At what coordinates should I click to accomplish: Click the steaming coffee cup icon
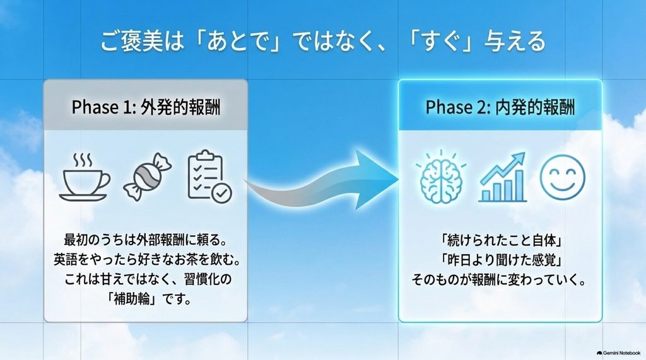[x=85, y=177]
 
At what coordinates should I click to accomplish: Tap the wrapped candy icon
[x=147, y=177]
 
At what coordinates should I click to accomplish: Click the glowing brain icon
[x=441, y=177]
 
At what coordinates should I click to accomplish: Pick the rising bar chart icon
[x=502, y=177]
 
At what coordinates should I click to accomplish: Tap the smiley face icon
[x=562, y=177]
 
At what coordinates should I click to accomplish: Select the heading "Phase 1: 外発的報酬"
[x=146, y=107]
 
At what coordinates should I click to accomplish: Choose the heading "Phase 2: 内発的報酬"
[x=500, y=107]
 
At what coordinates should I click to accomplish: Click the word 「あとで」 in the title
[x=237, y=41]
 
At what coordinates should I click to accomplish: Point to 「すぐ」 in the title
[x=439, y=41]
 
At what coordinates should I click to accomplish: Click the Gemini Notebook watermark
[x=618, y=353]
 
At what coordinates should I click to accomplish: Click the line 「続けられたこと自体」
[x=502, y=240]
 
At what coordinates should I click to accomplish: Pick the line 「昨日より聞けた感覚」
[x=502, y=260]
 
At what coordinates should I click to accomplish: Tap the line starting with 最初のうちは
[x=146, y=240]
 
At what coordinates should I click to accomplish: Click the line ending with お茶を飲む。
[x=146, y=260]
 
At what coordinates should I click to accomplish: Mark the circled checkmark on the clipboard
[x=222, y=193]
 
